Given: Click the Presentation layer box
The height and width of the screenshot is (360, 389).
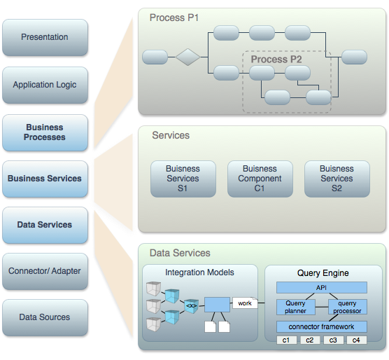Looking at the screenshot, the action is coord(45,37).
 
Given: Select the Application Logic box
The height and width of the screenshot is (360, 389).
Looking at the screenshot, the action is coord(45,85).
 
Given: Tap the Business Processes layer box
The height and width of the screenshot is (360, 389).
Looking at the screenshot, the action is coord(45,132).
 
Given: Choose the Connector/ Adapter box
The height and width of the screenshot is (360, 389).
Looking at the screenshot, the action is coord(45,271).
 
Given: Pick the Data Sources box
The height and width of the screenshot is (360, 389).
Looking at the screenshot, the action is coord(45,317).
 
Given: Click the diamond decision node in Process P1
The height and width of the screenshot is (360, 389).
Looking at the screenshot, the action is coord(188,57).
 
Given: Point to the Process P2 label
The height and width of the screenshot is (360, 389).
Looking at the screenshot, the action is coord(276,60).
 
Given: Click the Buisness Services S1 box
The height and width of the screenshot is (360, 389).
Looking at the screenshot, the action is coord(183,179).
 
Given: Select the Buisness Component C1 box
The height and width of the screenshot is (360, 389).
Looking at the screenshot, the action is coord(260,179).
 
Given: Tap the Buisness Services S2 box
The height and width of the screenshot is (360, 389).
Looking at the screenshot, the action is coord(337,179).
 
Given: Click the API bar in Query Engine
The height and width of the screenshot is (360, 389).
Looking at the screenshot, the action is coord(322,287).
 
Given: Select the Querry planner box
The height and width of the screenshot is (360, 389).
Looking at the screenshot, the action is coord(296,307).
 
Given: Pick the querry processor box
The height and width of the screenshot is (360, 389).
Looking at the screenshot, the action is coord(347,307).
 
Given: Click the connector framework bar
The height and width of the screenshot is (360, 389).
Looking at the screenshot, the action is coord(322,326).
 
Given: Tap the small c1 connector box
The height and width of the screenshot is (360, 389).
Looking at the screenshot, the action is coord(287,340).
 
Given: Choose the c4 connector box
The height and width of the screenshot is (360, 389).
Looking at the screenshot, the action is coord(357,340).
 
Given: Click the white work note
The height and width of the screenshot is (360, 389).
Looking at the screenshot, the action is coord(245,303).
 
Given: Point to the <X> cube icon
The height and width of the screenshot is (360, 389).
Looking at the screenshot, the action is coord(192,306).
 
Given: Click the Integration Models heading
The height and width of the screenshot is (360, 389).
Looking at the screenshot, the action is coord(199,272).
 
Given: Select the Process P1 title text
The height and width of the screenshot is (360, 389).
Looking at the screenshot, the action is coord(174,18).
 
